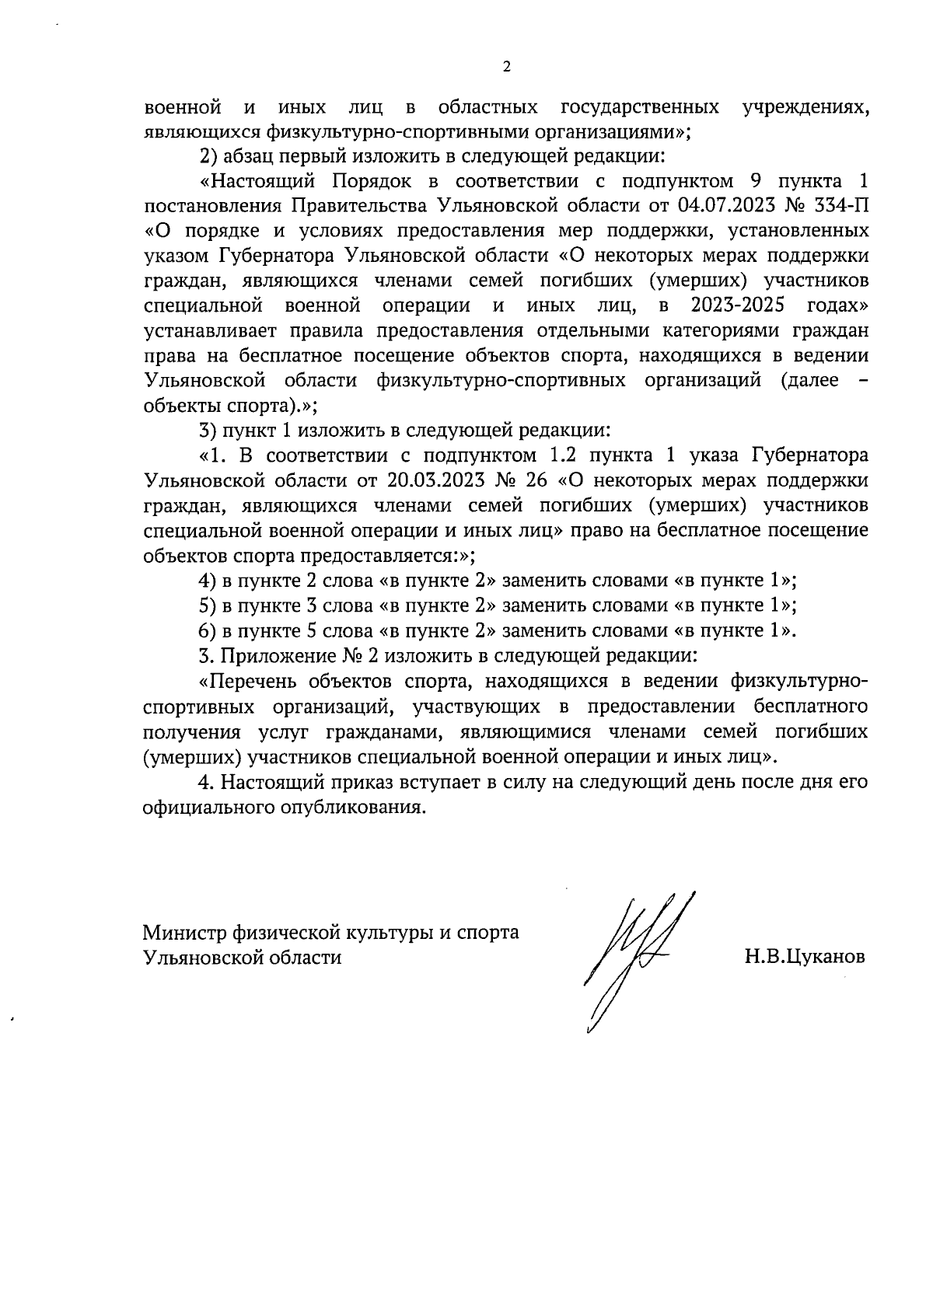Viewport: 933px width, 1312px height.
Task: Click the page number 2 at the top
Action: pyautogui.click(x=507, y=68)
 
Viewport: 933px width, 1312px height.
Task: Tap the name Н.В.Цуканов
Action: pyautogui.click(x=804, y=957)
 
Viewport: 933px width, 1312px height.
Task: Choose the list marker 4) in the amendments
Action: pyautogui.click(x=207, y=581)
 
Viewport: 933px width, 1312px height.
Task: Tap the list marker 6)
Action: pyautogui.click(x=207, y=630)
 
